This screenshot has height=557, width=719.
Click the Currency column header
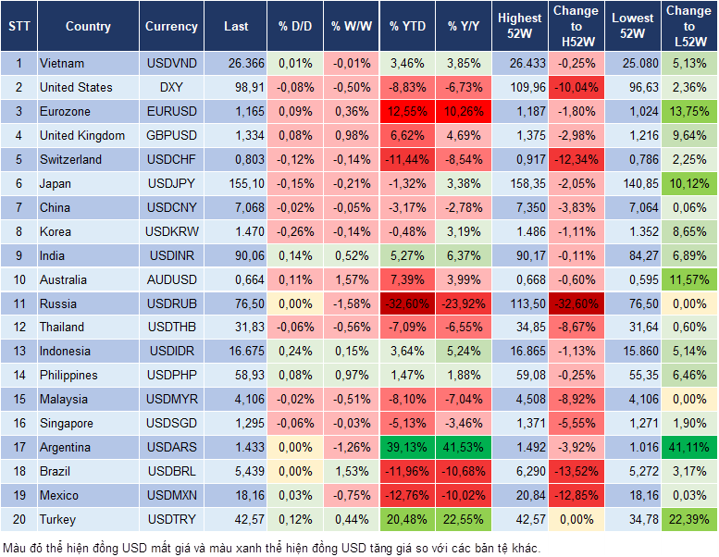(171, 27)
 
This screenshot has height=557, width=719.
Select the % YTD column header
(408, 27)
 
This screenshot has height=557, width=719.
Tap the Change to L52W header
(689, 26)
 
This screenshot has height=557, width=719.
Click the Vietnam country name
(62, 63)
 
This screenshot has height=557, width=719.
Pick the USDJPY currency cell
(171, 183)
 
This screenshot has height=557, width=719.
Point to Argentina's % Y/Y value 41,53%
(465, 447)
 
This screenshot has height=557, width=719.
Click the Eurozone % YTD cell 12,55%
(408, 111)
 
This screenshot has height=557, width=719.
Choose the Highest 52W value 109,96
(520, 87)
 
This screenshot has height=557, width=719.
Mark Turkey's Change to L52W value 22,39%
(689, 519)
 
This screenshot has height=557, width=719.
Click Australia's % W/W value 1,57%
(351, 279)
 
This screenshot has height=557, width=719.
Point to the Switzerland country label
(70, 159)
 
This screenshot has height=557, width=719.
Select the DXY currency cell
(171, 87)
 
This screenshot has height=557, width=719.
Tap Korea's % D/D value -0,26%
(295, 231)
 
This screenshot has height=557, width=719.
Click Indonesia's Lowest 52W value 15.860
(634, 351)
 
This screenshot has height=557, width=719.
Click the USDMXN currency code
(171, 495)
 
